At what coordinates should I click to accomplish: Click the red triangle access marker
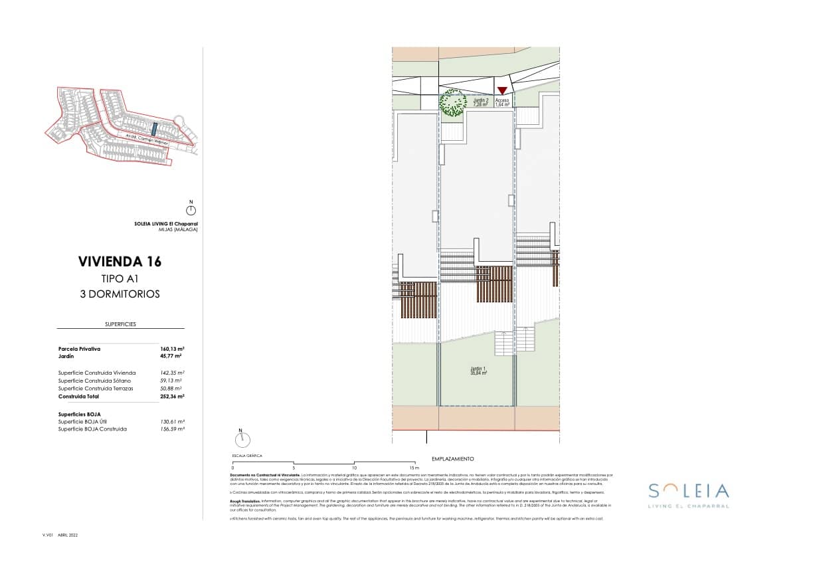(x=502, y=90)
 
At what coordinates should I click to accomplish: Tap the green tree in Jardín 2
(x=452, y=104)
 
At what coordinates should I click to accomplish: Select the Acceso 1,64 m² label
(x=502, y=102)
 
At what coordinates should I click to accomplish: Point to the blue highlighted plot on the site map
(x=153, y=128)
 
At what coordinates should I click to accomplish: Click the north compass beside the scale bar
(x=242, y=438)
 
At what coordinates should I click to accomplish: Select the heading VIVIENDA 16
(x=120, y=262)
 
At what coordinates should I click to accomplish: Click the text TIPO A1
(x=120, y=279)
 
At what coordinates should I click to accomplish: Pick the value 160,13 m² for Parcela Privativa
(x=172, y=349)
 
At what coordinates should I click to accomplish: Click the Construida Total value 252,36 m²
(x=172, y=396)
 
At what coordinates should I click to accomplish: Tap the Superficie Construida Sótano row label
(x=96, y=381)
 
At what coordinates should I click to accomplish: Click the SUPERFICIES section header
(x=120, y=324)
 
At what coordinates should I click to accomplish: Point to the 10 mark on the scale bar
(x=354, y=468)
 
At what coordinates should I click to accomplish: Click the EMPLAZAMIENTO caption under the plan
(x=452, y=459)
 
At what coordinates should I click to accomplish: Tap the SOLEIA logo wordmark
(x=688, y=492)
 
